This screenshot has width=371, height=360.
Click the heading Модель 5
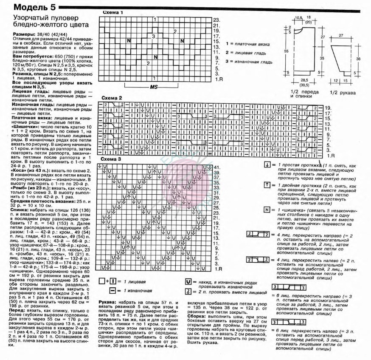tap(28, 7)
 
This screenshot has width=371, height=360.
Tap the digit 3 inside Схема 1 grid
tap(154, 37)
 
